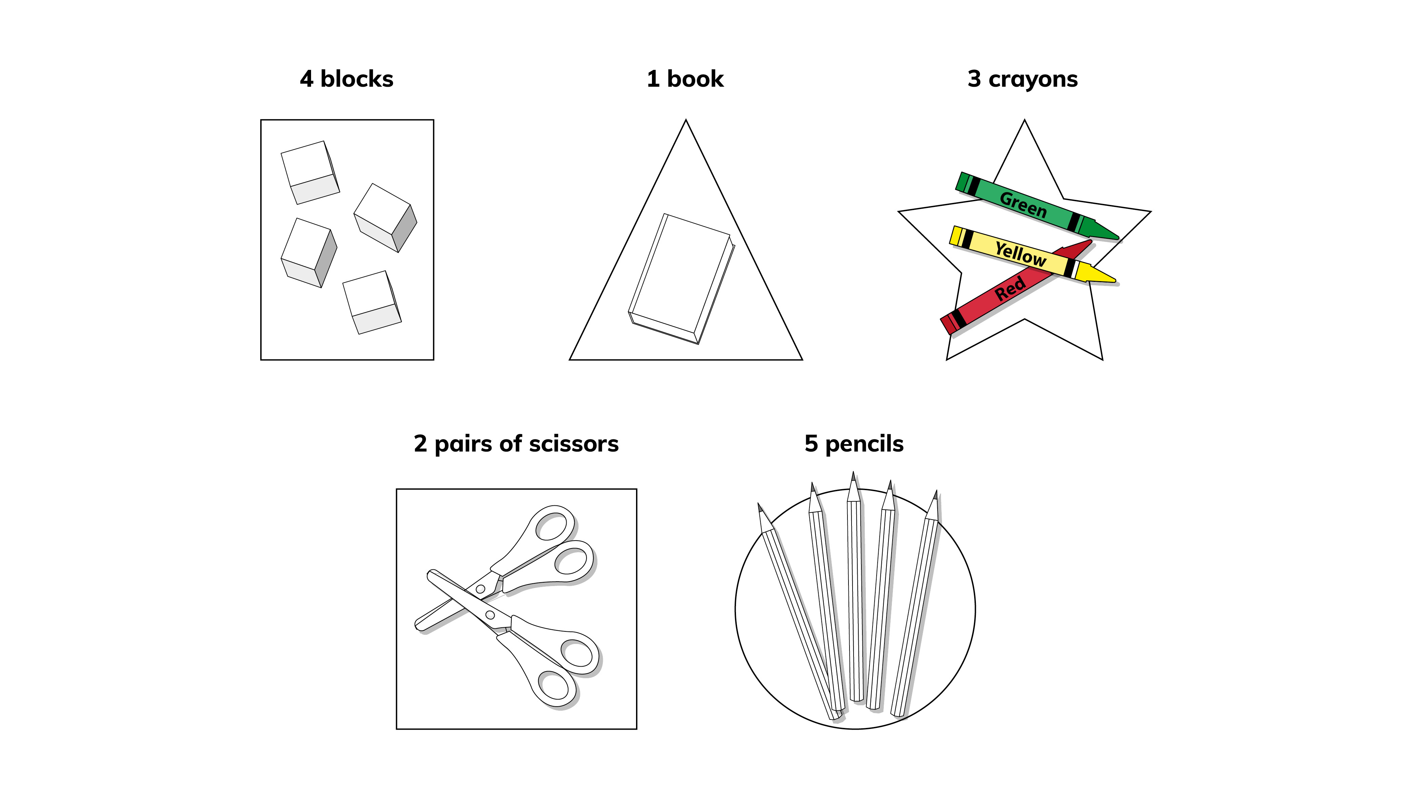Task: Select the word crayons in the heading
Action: pyautogui.click(x=1033, y=80)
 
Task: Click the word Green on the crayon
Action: pyautogui.click(x=1023, y=204)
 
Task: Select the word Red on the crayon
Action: pyautogui.click(x=1010, y=289)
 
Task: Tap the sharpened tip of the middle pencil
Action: pyautogui.click(x=853, y=476)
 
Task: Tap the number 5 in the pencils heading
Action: pyautogui.click(x=811, y=444)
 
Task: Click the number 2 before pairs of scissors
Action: pyautogui.click(x=421, y=444)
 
